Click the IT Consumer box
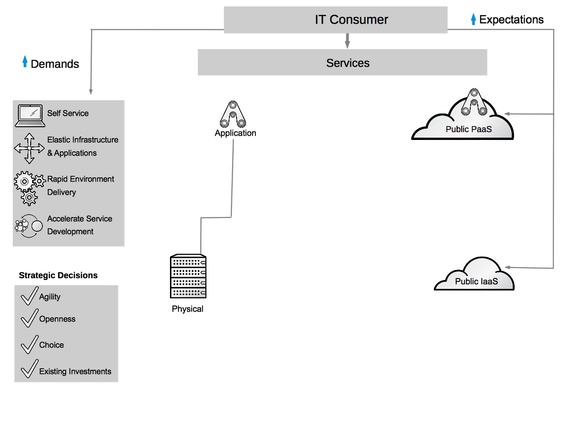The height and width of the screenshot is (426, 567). [336, 20]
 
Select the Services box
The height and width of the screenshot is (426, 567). [342, 63]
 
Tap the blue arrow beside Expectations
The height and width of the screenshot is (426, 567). [474, 19]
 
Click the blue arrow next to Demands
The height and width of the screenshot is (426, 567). [25, 62]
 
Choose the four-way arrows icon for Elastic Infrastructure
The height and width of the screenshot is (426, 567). [29, 148]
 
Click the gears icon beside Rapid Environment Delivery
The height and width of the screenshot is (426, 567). [29, 187]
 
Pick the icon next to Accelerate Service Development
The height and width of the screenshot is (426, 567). [29, 226]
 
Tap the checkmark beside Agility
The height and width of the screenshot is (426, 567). [29, 296]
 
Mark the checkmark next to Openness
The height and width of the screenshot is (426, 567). [29, 318]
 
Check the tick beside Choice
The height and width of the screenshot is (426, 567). [29, 344]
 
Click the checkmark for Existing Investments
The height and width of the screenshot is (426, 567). [29, 369]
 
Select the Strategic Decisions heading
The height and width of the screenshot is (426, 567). [58, 275]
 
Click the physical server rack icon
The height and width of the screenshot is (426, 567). [188, 277]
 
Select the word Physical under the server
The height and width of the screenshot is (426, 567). [187, 309]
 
